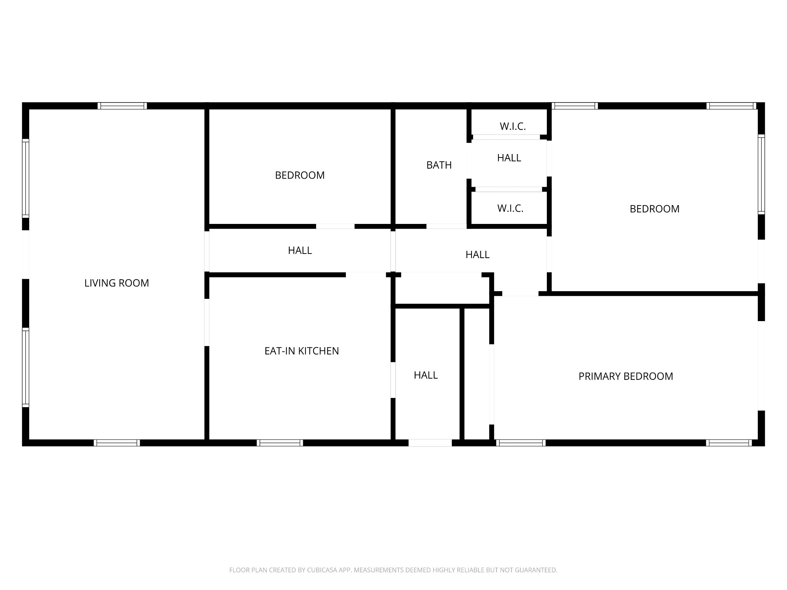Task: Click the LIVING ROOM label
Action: click(116, 283)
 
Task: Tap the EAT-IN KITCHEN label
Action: click(302, 351)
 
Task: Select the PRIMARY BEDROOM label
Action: click(626, 376)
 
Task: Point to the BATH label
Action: click(439, 165)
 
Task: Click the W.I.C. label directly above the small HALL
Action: click(513, 126)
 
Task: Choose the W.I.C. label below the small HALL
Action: click(510, 208)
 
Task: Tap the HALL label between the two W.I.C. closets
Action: click(509, 158)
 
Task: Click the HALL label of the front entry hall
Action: click(425, 375)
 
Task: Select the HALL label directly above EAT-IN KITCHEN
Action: click(300, 250)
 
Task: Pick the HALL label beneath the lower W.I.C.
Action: click(477, 255)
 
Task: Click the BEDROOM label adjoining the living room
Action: click(300, 176)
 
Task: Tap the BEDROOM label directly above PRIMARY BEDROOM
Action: click(654, 209)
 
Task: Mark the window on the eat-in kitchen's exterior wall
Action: click(280, 442)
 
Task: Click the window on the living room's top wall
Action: click(122, 106)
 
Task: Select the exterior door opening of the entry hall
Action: click(430, 442)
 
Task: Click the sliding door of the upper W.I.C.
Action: click(506, 137)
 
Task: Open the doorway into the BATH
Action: click(446, 226)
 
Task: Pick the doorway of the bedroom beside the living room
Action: click(335, 226)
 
